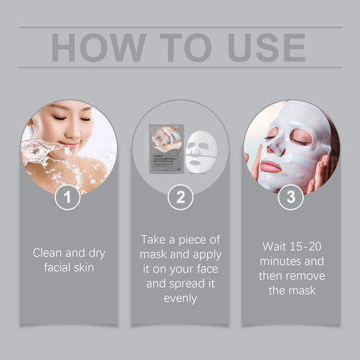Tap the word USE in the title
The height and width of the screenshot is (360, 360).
[256, 47]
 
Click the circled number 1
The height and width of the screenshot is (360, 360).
[67, 197]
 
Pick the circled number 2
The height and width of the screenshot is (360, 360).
[180, 197]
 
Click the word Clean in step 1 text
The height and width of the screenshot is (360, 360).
[48, 253]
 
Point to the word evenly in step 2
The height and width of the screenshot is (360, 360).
[180, 298]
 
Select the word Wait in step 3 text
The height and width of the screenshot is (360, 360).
[274, 247]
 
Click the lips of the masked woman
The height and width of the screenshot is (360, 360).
[270, 166]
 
